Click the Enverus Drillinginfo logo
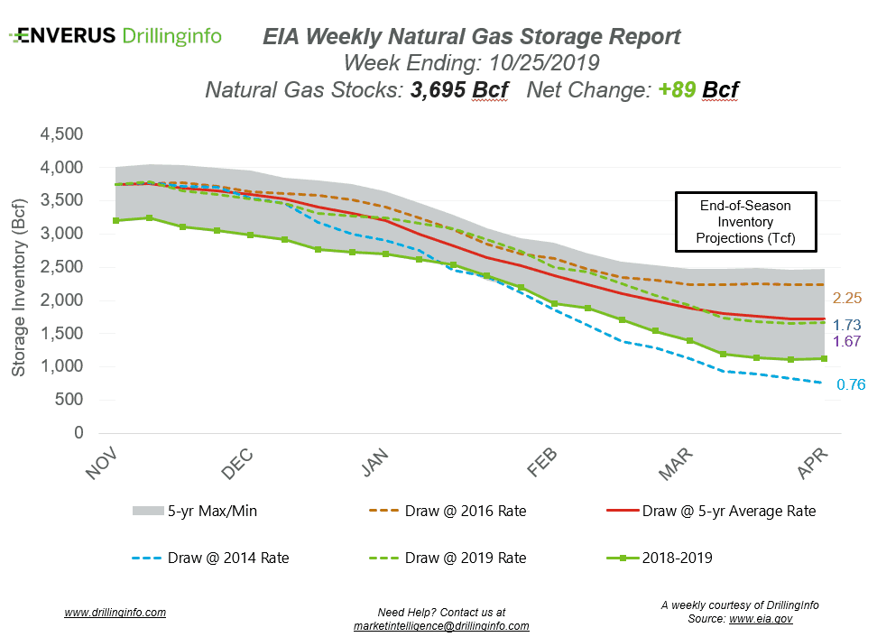tap(115, 36)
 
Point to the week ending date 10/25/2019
tap(540, 63)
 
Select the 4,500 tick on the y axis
tap(60, 134)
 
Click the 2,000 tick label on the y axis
tap(60, 300)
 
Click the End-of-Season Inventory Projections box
tap(745, 222)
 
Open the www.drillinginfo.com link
tap(115, 612)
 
